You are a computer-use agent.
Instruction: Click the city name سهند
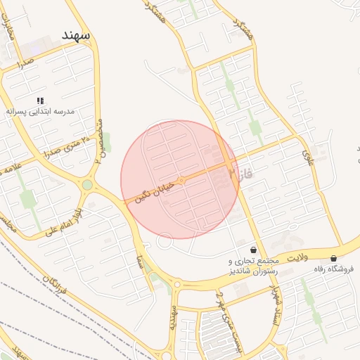(77, 35)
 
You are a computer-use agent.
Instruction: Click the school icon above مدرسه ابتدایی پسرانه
(40, 101)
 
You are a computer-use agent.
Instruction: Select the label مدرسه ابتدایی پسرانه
(40, 111)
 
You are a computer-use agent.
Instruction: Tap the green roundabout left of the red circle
(87, 185)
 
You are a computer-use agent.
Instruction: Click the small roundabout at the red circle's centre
(181, 181)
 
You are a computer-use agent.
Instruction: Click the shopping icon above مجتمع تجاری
(253, 250)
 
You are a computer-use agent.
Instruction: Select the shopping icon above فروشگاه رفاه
(333, 258)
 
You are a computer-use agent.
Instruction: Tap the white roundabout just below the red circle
(165, 242)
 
